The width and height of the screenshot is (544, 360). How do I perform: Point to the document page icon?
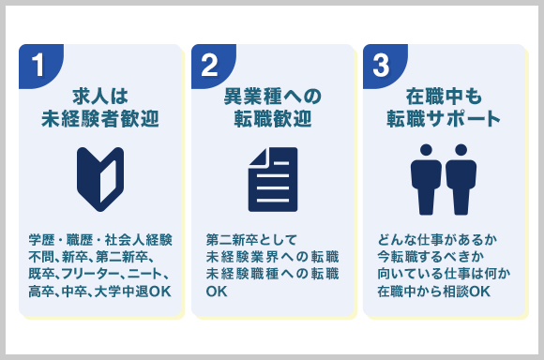[272, 178]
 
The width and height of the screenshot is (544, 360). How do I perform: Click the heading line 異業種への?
[272, 96]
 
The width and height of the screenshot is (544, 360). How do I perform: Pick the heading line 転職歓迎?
[272, 119]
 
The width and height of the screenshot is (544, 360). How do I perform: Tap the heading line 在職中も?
[444, 96]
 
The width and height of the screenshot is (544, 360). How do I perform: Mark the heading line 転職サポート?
[444, 119]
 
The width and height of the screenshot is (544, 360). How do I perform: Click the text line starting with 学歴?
[99, 238]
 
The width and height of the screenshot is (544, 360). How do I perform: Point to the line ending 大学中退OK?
[99, 292]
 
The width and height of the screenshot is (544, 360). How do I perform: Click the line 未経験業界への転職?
[272, 256]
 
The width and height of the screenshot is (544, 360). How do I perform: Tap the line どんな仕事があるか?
[431, 238]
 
